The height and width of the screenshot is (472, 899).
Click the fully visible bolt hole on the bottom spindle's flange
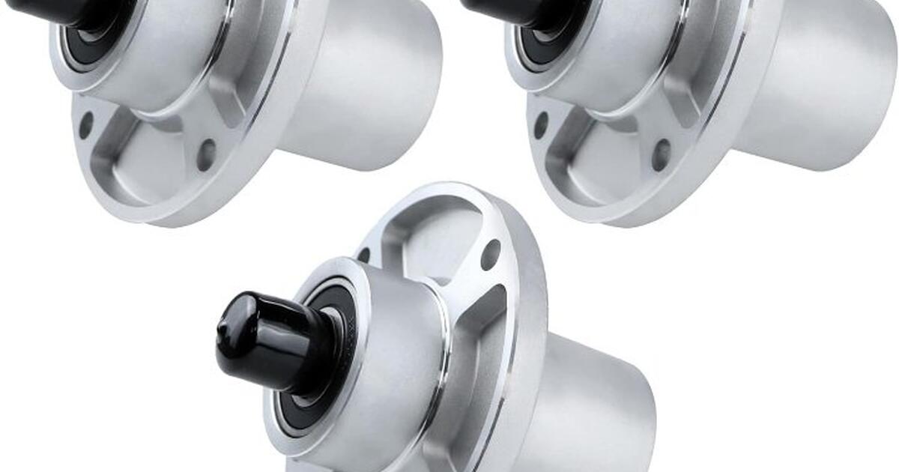pyautogui.click(x=491, y=254)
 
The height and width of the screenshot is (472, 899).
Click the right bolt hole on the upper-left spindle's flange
pyautogui.click(x=206, y=155)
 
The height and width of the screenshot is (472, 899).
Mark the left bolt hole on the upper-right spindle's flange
pyautogui.click(x=540, y=125)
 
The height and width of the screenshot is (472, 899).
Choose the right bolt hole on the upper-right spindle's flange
pyautogui.click(x=661, y=155)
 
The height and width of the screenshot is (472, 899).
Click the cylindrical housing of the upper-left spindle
pyautogui.click(x=367, y=82)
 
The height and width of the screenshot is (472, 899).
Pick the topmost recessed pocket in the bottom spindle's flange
pyautogui.click(x=435, y=232)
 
